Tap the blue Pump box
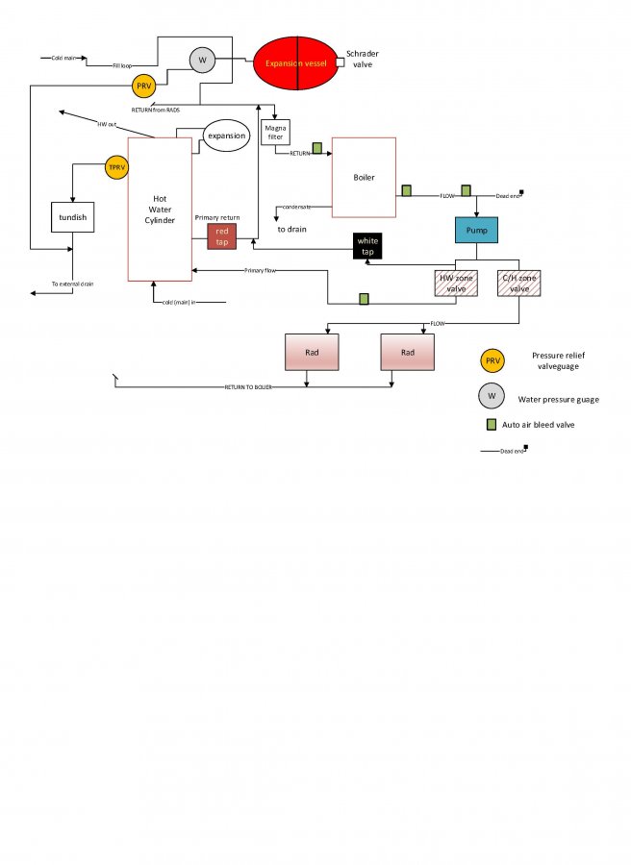point(477,232)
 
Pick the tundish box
point(73,217)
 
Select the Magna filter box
point(276,134)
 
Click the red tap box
point(222,235)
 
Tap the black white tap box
point(367,246)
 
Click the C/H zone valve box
point(519,284)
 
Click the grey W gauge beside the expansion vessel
point(202,61)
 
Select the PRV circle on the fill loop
point(144,86)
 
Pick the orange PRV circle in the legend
point(492,360)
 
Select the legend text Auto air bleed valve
point(546,424)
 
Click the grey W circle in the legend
point(492,394)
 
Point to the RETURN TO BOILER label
point(248,387)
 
